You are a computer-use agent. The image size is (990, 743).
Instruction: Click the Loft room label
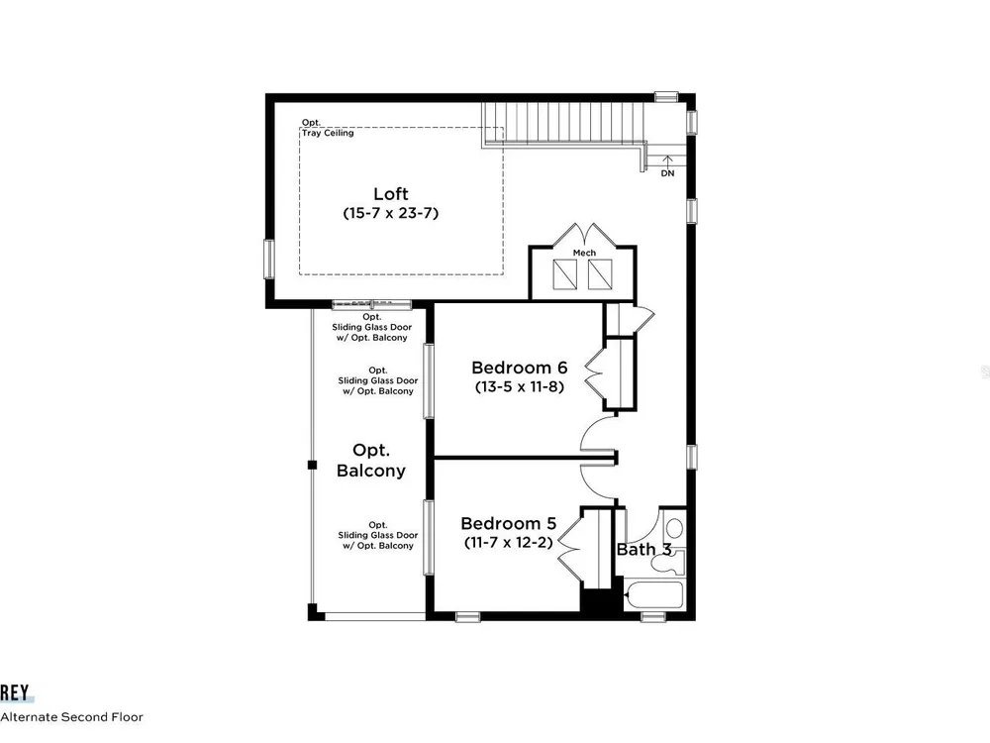pos(391,194)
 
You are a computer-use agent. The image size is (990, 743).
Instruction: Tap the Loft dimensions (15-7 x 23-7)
pos(391,213)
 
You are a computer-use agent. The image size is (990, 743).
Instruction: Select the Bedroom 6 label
pos(519,368)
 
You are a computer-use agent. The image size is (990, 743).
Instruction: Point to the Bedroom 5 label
pos(508,523)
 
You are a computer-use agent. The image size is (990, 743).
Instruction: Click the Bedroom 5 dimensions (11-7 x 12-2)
pos(508,542)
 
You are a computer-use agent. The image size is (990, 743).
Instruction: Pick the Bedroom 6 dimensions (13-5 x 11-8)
pos(519,386)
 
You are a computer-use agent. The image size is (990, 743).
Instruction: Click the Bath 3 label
pos(644,550)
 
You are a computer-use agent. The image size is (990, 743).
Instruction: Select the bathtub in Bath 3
pos(654,595)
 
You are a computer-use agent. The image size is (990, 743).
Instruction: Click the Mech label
pos(584,253)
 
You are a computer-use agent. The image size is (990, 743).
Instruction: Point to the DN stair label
pos(667,173)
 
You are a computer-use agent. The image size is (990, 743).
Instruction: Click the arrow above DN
pos(667,160)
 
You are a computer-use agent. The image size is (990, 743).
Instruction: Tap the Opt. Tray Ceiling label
pos(327,128)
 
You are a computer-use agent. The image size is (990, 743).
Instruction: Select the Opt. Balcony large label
pos(370,460)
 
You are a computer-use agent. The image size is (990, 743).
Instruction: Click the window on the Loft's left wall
pos(269,259)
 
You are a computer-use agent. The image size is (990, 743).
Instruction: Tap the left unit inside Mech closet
pos(564,274)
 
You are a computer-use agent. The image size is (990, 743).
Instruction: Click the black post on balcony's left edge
pos(312,465)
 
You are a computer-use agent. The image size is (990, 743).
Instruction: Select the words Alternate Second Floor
pos(72,717)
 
